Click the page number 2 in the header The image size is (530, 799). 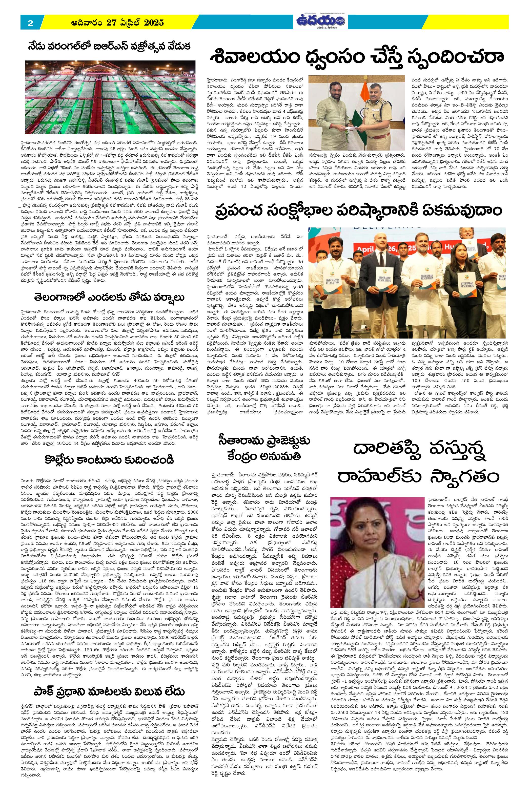click(x=30, y=23)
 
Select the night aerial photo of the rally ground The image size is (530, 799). click(x=110, y=97)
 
